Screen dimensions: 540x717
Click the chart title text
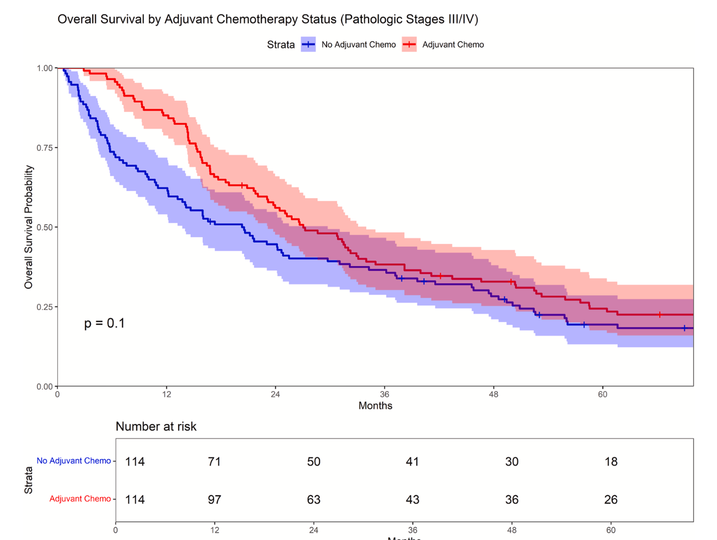point(267,19)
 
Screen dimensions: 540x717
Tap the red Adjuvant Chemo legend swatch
point(409,45)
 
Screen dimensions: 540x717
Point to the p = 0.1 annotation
point(105,323)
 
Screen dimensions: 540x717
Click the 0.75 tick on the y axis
point(45,148)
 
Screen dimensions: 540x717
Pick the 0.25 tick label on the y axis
point(45,307)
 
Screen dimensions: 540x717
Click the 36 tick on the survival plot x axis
point(385,394)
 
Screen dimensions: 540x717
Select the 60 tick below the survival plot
point(603,394)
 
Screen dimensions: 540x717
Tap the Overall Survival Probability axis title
point(29,227)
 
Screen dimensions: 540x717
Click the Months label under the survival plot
point(375,405)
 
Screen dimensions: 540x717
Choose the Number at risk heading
point(156,427)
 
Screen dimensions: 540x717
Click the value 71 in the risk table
point(214,462)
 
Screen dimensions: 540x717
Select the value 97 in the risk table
point(214,499)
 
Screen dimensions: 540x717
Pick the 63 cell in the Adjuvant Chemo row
point(314,499)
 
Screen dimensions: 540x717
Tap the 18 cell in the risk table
point(611,462)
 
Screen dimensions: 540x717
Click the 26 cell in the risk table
point(611,499)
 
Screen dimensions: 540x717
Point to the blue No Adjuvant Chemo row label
point(73,460)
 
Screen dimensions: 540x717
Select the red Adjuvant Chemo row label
point(80,498)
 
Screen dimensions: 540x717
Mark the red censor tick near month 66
point(660,314)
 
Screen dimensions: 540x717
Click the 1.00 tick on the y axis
point(45,68)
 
